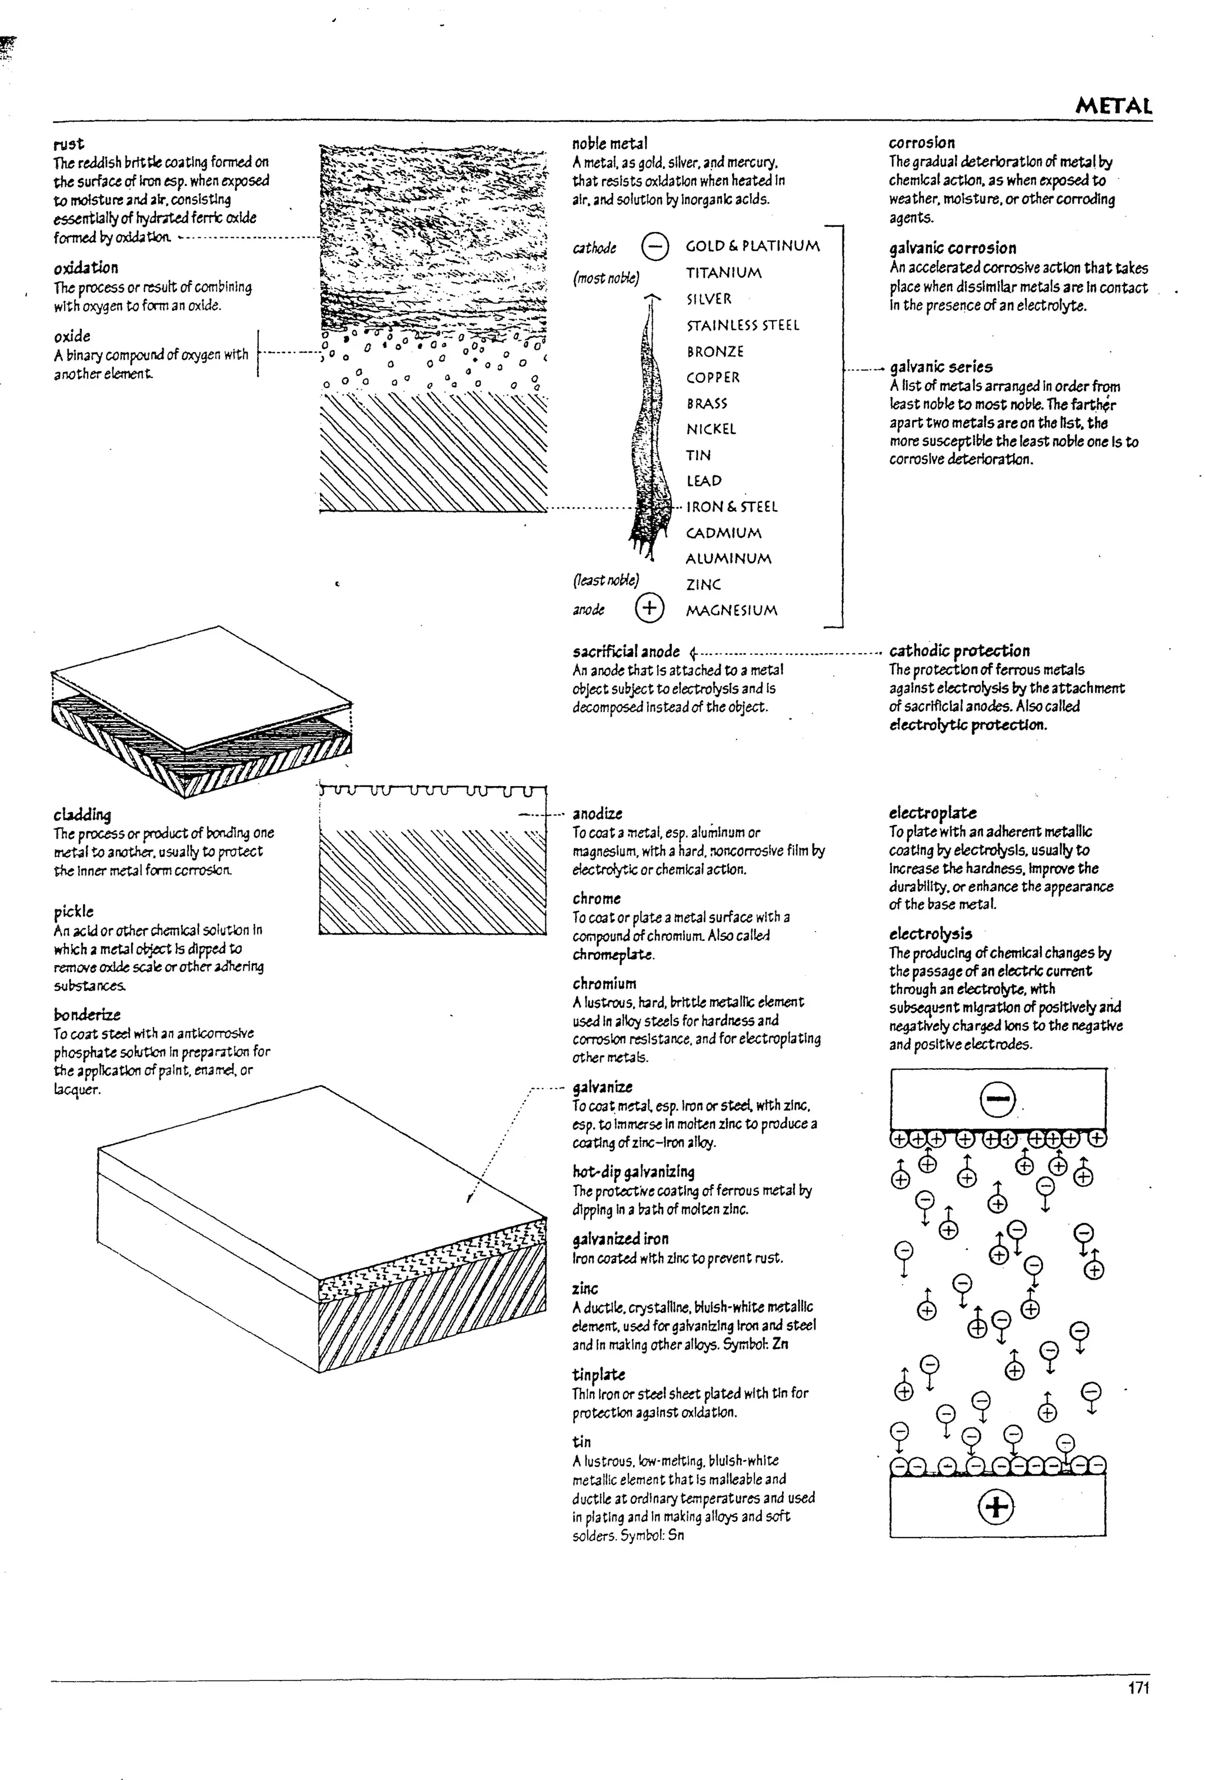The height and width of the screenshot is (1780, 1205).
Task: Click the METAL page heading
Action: pyautogui.click(x=1113, y=106)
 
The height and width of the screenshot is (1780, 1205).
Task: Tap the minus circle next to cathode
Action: pyautogui.click(x=654, y=247)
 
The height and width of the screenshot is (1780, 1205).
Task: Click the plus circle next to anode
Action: pyautogui.click(x=648, y=608)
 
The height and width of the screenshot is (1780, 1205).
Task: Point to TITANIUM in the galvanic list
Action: pyautogui.click(x=724, y=273)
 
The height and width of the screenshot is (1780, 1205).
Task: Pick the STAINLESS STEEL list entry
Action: pyautogui.click(x=742, y=325)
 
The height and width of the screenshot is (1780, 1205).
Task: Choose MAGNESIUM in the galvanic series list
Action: pyautogui.click(x=731, y=611)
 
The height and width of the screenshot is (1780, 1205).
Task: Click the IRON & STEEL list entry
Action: pyautogui.click(x=731, y=506)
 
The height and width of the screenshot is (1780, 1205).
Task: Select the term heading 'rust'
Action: pyautogui.click(x=69, y=144)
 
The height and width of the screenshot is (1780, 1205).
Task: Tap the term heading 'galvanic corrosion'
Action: pyautogui.click(x=953, y=248)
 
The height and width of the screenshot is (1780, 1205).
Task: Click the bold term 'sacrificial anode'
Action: pyautogui.click(x=625, y=651)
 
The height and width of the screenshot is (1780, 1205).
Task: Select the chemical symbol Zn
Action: pyautogui.click(x=780, y=1344)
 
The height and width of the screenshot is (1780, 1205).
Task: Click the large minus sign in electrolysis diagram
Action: pyautogui.click(x=997, y=1101)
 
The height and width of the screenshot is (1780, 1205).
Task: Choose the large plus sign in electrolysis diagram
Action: pyautogui.click(x=996, y=1507)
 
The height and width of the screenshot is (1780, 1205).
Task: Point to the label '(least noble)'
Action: pyautogui.click(x=605, y=580)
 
